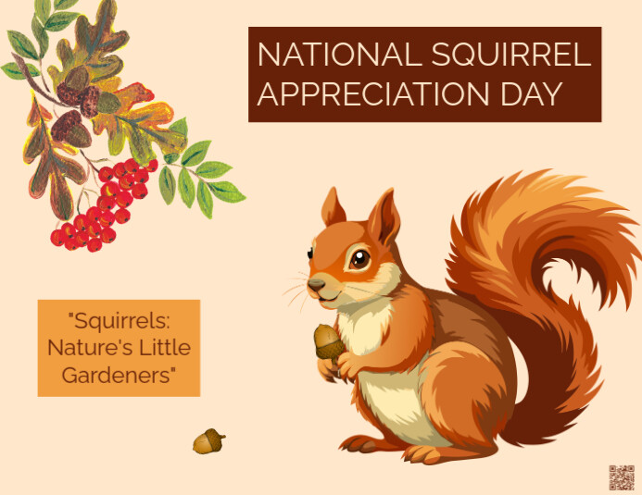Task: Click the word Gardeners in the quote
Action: (119, 375)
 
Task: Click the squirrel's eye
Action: (359, 258)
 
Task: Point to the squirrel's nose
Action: (315, 283)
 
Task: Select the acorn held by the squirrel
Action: (328, 341)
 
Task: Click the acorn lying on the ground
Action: (208, 441)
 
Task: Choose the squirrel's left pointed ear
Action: (332, 207)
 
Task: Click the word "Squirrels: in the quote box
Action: (120, 321)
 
